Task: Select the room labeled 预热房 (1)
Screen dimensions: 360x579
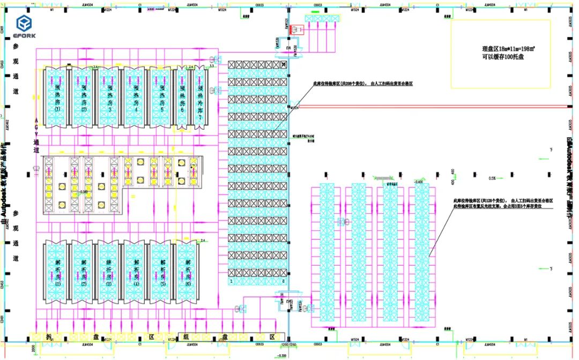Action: (57, 97)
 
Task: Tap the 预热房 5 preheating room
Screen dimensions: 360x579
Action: (162, 97)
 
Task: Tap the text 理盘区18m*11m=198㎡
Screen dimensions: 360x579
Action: (502, 48)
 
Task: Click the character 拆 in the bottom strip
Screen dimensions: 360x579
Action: (49, 337)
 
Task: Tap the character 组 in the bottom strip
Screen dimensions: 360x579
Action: (185, 337)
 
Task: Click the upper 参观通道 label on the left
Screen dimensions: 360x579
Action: (16, 70)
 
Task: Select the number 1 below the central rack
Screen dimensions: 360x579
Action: (231, 281)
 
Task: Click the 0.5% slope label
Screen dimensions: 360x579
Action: (492, 178)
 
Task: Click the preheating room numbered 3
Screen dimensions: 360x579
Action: (109, 97)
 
